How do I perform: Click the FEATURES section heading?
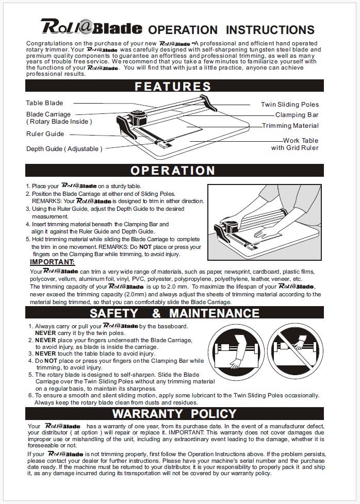coord(173,86)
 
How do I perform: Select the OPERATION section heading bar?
coord(173,171)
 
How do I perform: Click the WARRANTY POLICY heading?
coord(174,414)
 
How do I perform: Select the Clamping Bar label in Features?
coord(297,115)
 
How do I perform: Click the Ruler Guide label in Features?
coord(45,134)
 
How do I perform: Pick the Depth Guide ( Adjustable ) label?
coord(64,149)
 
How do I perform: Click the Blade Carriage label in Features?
coord(48,114)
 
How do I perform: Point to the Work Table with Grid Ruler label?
coord(295,144)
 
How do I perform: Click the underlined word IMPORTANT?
coord(52,262)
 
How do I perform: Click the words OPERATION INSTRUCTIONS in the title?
coord(231,30)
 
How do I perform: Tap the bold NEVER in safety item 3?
coord(45,354)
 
